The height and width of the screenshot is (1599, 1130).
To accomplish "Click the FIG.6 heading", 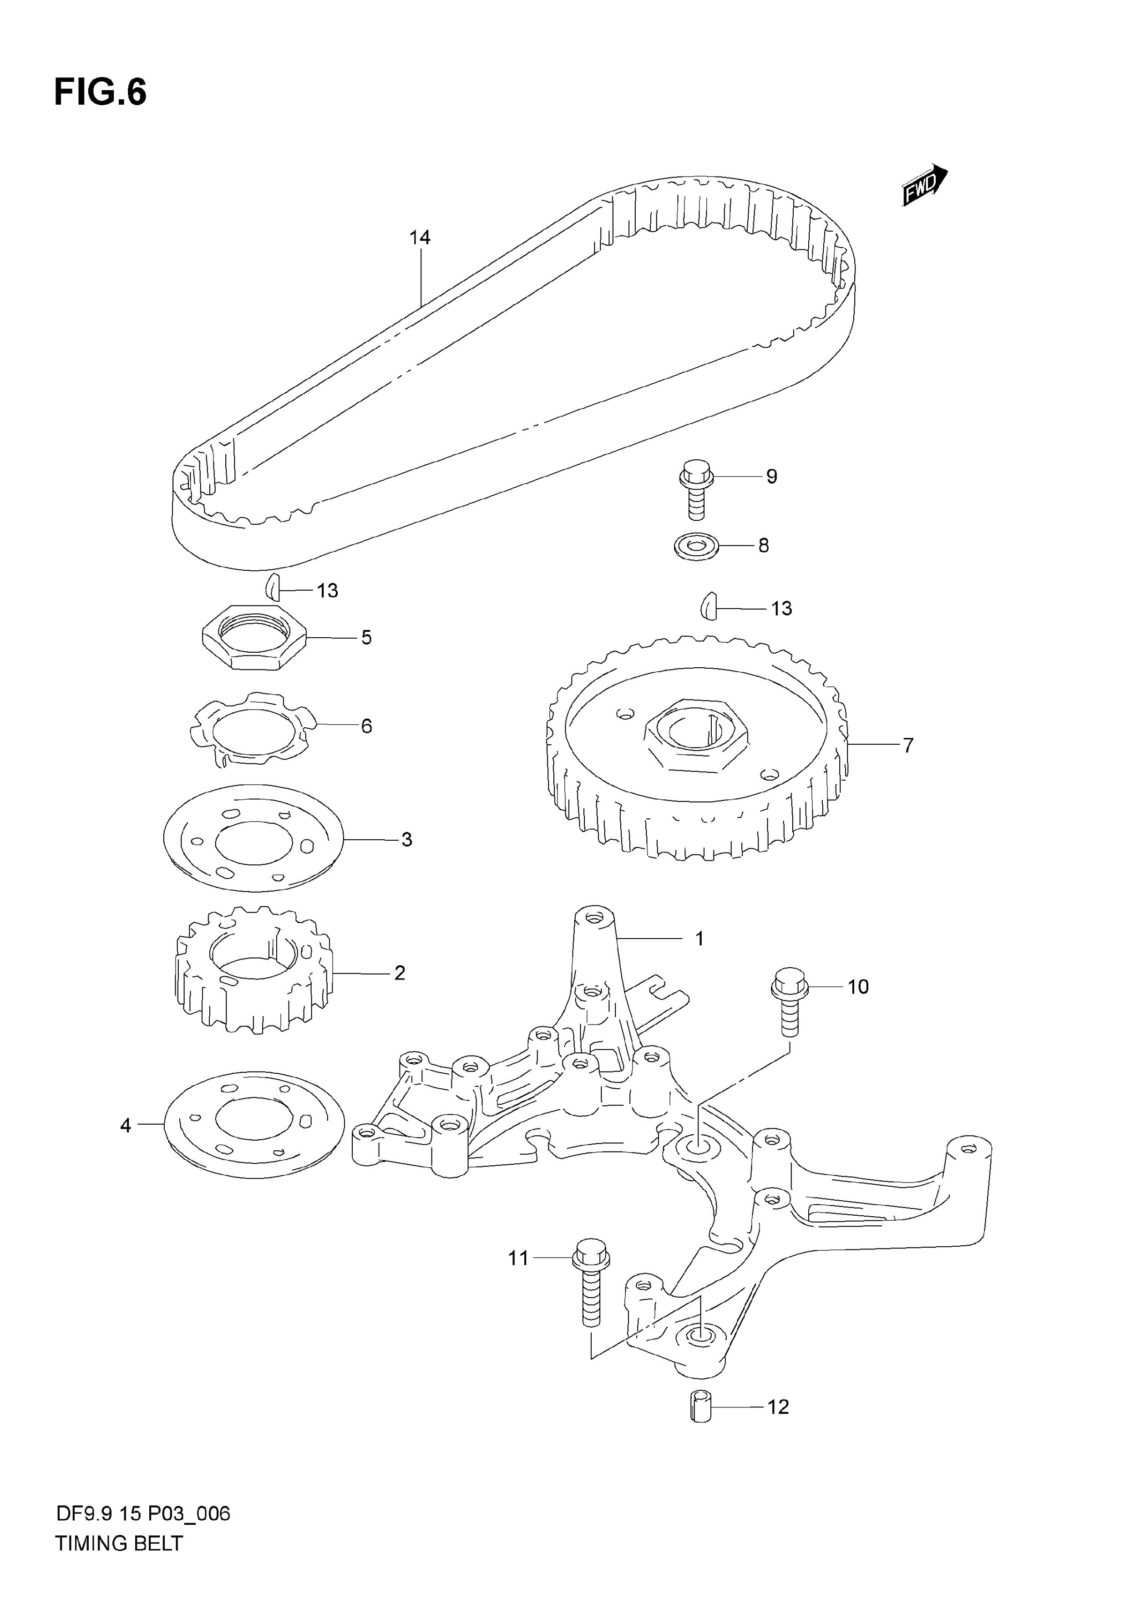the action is (100, 92).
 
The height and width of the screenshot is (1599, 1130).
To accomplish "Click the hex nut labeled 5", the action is (254, 636).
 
